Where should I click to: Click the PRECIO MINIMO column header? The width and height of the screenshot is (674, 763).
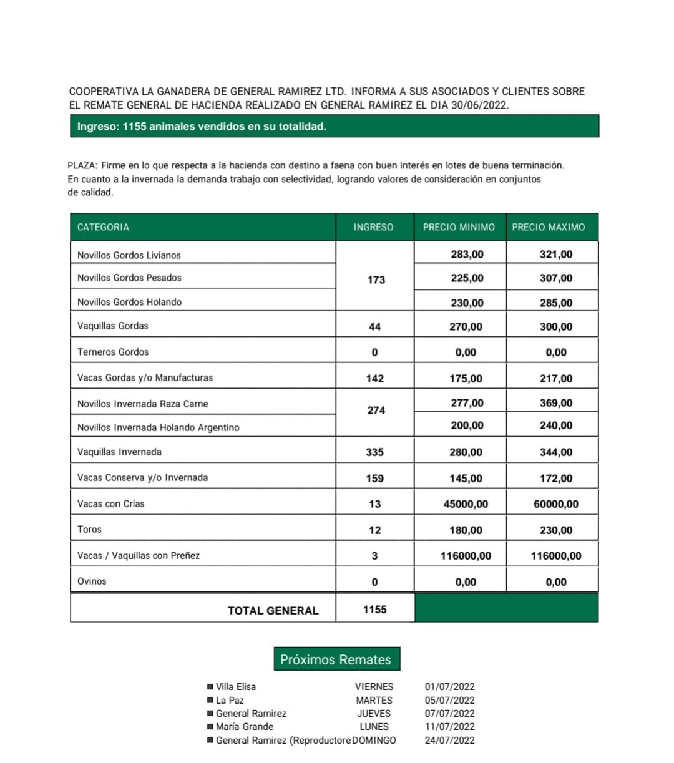[x=459, y=227]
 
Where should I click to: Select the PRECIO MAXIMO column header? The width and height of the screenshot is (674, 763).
[x=548, y=227]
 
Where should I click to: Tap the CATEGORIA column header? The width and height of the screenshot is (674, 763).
[x=103, y=227]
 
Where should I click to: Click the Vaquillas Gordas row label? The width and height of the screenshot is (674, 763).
[x=113, y=326]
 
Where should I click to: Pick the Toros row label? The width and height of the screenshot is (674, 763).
[x=89, y=529]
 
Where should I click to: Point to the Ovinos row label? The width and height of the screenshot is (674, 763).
[x=92, y=581]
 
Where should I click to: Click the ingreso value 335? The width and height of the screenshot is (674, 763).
[x=374, y=452]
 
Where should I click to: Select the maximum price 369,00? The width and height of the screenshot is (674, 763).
[x=556, y=403]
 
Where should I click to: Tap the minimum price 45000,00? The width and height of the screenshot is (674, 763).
[x=466, y=504]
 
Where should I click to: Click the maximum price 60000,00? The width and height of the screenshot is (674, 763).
[x=556, y=504]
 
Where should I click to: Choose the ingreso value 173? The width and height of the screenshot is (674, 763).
[x=376, y=280]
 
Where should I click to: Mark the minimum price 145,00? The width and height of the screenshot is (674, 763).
[x=466, y=479]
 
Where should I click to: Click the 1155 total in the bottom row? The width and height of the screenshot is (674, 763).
[x=374, y=610]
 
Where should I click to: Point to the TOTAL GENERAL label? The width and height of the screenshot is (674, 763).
[x=273, y=611]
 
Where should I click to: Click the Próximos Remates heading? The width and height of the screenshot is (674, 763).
[x=336, y=659]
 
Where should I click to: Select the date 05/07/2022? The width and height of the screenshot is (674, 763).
[x=449, y=700]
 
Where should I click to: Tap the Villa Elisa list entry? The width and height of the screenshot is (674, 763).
[x=236, y=686]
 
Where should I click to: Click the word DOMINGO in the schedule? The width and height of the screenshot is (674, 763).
[x=374, y=741]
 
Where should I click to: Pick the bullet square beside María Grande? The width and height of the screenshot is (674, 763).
[x=210, y=727]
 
